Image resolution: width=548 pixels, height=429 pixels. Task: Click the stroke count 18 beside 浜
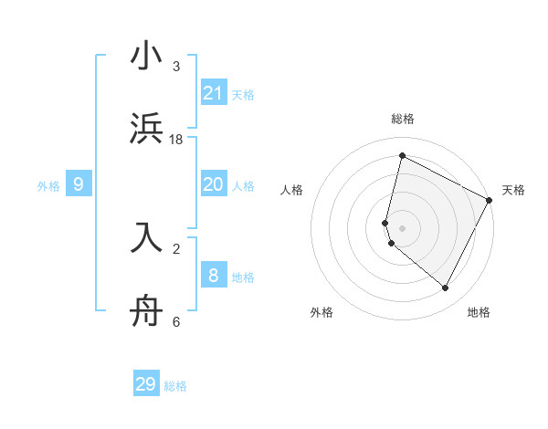click(x=176, y=139)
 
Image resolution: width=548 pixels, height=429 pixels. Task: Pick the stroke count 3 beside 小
click(x=176, y=67)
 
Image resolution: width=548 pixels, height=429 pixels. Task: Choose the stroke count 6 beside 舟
click(x=176, y=321)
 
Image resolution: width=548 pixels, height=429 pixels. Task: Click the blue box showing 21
click(x=214, y=93)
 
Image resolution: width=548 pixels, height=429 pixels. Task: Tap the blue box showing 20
click(x=214, y=184)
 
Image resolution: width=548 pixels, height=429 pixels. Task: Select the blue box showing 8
click(x=214, y=276)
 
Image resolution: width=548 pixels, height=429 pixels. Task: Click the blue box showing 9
click(x=79, y=184)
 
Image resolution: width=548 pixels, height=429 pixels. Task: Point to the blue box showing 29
click(x=146, y=384)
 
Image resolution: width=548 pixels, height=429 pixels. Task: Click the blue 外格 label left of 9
click(x=48, y=185)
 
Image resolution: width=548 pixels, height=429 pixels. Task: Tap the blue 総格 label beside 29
click(x=175, y=386)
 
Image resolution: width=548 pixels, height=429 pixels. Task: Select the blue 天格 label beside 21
click(x=243, y=94)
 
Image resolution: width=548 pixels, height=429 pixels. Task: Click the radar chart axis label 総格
click(x=403, y=119)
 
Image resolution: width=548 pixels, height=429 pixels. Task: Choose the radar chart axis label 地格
click(x=479, y=312)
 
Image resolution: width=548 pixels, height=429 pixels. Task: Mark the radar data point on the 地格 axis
click(x=446, y=288)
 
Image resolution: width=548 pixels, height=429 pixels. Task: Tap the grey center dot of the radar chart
click(x=403, y=227)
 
